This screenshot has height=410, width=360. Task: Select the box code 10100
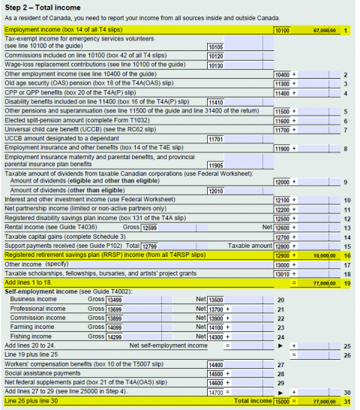click(x=282, y=30)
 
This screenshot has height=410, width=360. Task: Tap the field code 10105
click(x=214, y=47)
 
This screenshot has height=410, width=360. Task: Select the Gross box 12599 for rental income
click(x=150, y=228)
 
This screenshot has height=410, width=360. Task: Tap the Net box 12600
click(x=282, y=228)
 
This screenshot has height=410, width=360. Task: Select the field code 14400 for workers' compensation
click(x=216, y=364)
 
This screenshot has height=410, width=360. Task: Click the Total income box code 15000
click(x=282, y=402)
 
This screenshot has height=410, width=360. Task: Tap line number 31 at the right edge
click(x=346, y=402)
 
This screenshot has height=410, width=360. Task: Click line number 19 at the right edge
click(x=346, y=283)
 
